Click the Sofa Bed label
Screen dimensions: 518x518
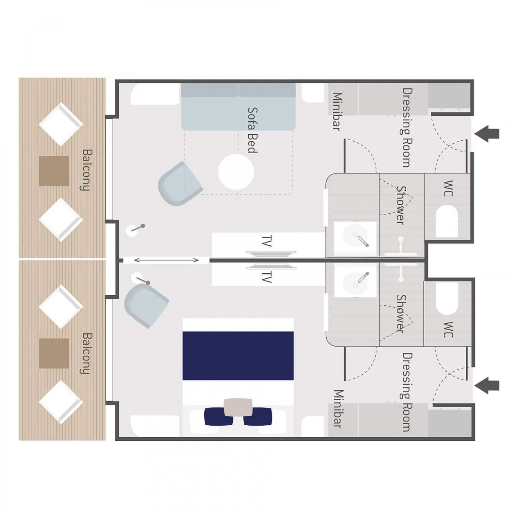pyautogui.click(x=253, y=130)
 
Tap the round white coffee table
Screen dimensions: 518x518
pyautogui.click(x=236, y=172)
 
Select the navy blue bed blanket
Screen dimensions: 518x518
pyautogui.click(x=238, y=356)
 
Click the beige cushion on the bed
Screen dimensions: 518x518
pyautogui.click(x=238, y=407)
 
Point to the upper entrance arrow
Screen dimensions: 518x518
pyautogui.click(x=486, y=133)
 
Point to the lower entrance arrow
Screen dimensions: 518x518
pyautogui.click(x=486, y=386)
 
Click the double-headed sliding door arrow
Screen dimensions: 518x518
pyautogui.click(x=166, y=260)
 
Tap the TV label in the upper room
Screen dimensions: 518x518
pyautogui.click(x=266, y=241)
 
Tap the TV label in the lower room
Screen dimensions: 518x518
pyautogui.click(x=266, y=277)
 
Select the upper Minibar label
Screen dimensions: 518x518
pyautogui.click(x=338, y=111)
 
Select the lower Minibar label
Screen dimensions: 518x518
pyautogui.click(x=338, y=409)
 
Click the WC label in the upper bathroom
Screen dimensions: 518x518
pyautogui.click(x=448, y=188)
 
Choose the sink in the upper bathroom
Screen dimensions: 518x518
pyautogui.click(x=355, y=237)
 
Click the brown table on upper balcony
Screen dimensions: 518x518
pyautogui.click(x=54, y=171)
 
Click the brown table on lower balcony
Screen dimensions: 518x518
pyautogui.click(x=54, y=353)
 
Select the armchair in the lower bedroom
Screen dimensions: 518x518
pyautogui.click(x=146, y=306)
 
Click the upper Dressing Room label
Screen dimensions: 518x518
pyautogui.click(x=407, y=127)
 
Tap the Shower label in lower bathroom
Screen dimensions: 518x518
pyautogui.click(x=401, y=314)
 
